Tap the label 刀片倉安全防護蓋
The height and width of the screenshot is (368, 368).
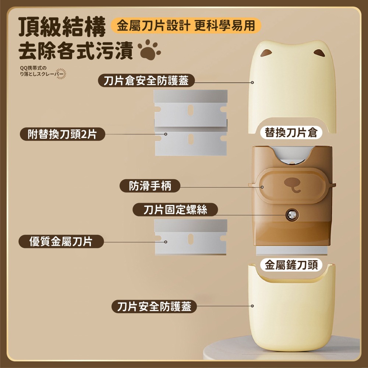click(x=146, y=81)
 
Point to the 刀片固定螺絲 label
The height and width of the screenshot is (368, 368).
click(x=175, y=210)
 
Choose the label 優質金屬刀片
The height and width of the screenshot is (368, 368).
click(x=61, y=241)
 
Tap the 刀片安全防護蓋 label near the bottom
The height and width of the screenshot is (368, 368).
click(x=154, y=306)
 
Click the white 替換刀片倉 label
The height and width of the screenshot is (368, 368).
click(x=291, y=132)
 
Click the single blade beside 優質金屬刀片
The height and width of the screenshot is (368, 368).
click(x=190, y=237)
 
